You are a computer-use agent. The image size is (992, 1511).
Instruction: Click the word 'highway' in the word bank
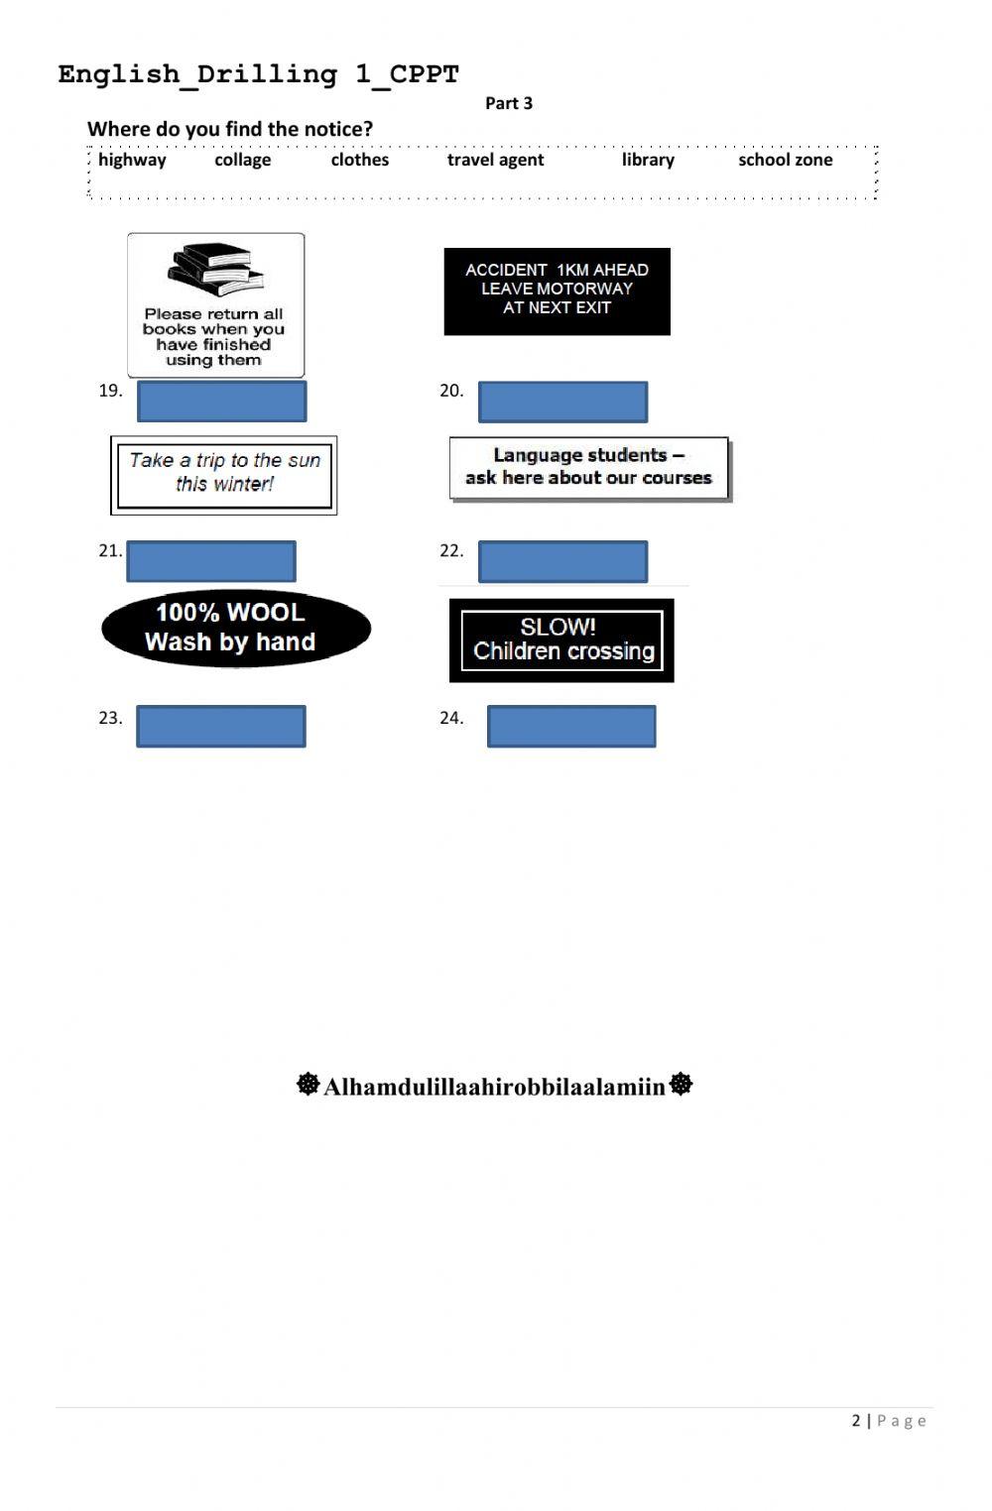132,160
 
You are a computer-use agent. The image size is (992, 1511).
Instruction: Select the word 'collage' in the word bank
242,160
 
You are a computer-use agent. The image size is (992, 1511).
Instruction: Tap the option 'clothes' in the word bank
359,160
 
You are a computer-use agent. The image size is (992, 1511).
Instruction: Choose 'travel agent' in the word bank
495,160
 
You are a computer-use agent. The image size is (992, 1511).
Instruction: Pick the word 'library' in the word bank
648,160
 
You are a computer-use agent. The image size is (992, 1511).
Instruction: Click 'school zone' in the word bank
785,160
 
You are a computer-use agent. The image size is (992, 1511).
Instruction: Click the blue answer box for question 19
221,402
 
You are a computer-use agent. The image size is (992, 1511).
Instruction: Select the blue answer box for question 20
562,403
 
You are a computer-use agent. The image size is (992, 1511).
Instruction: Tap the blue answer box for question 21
211,561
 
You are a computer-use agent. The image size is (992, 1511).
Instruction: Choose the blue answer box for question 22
562,561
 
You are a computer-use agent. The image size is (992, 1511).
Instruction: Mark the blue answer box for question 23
220,726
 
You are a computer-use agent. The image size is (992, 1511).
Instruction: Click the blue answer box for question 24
570,726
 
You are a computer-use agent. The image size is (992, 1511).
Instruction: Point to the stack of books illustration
215,268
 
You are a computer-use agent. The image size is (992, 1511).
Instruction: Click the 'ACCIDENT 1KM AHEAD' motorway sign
557,291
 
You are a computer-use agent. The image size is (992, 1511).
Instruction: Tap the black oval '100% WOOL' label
235,628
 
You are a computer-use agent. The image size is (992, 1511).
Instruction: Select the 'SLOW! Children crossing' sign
561,640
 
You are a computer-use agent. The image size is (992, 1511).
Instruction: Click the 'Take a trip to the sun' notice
224,475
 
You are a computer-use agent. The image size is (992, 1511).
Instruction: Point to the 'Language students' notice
588,467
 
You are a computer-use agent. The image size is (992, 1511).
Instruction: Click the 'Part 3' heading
508,103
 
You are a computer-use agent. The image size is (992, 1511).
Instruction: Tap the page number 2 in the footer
856,1421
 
